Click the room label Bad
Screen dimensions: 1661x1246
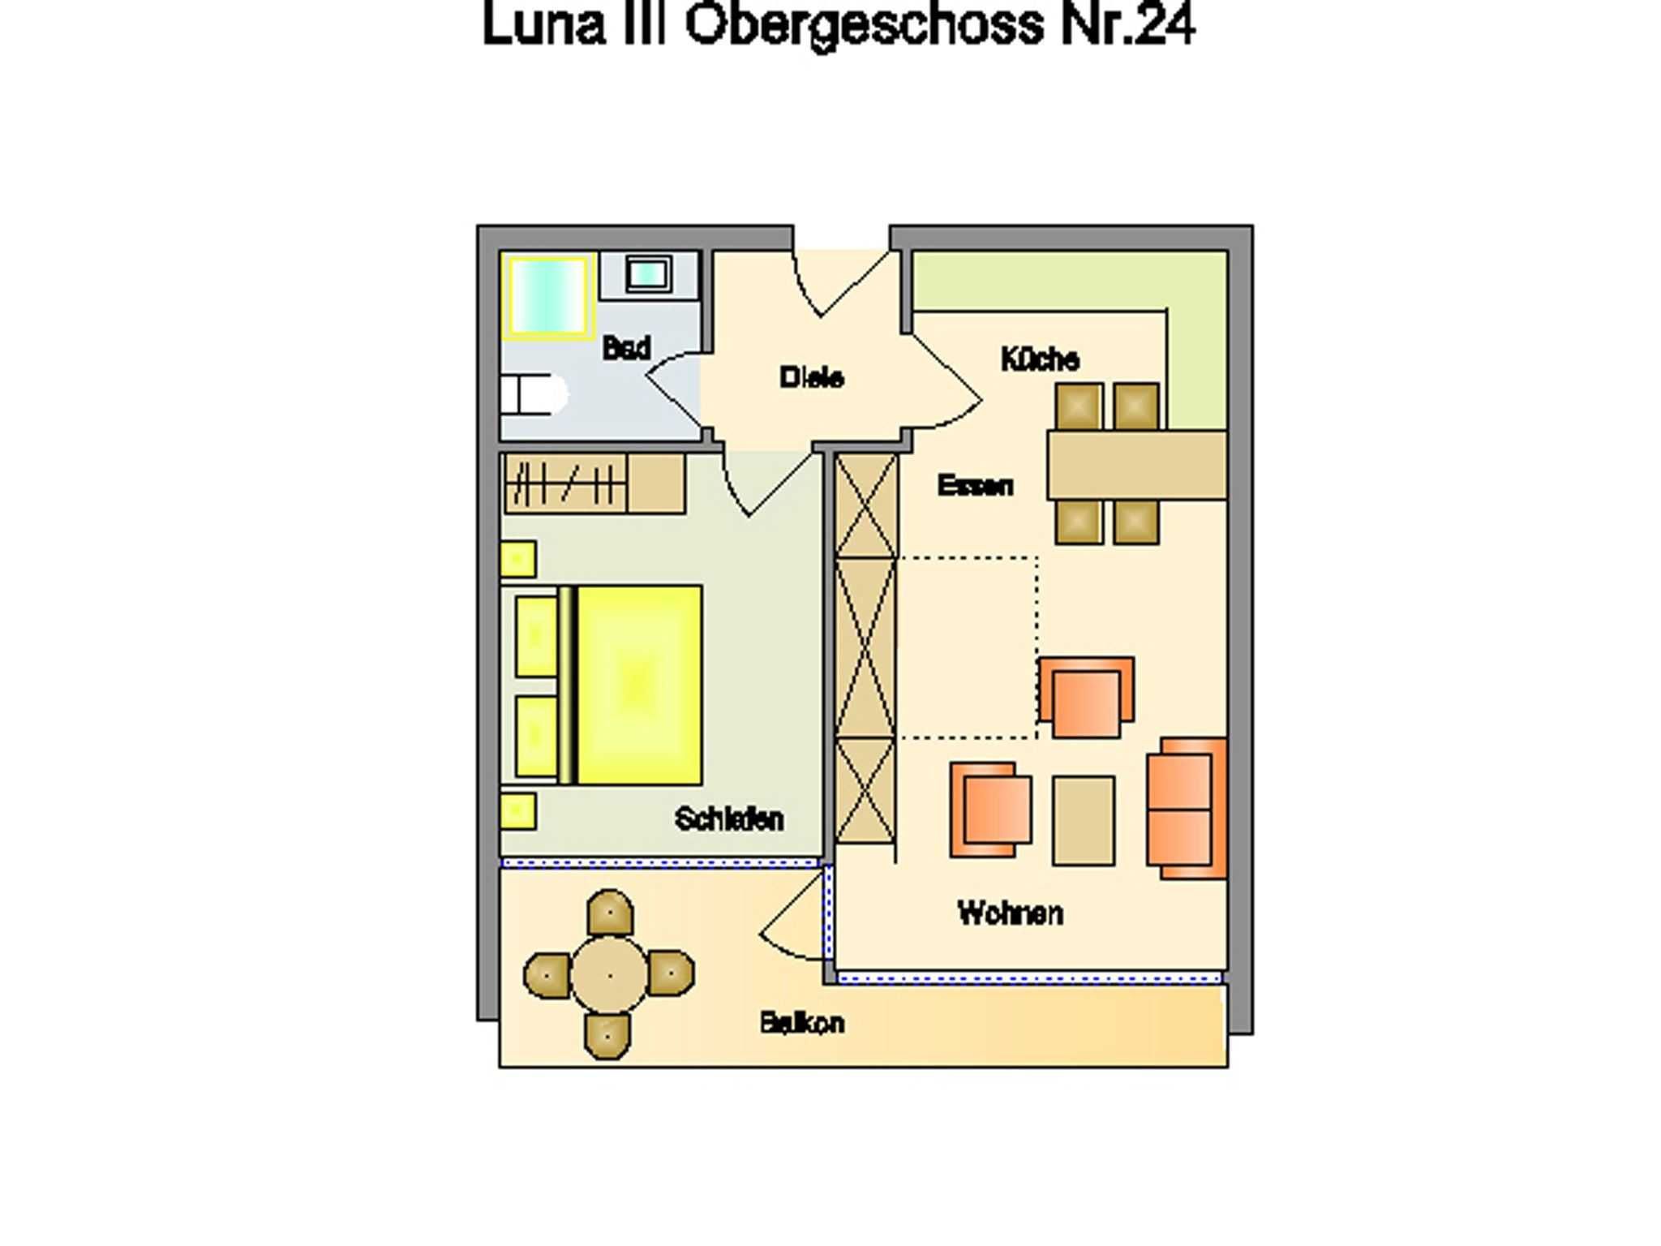[x=626, y=348]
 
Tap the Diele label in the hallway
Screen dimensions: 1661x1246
[x=811, y=377]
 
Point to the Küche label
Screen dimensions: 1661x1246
[x=1040, y=359]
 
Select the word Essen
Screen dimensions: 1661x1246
[x=975, y=485]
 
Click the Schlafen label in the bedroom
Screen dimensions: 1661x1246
[x=729, y=818]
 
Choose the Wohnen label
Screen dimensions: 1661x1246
[x=1010, y=913]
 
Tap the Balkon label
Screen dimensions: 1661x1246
[x=802, y=1023]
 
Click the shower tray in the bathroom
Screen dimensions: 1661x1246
[x=546, y=295]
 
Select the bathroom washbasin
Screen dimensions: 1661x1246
[x=648, y=274]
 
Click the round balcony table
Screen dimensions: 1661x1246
[x=609, y=975]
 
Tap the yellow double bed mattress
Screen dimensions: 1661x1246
[x=639, y=685]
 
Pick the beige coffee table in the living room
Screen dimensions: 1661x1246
[x=1084, y=821]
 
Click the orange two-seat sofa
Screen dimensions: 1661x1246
[x=1187, y=809]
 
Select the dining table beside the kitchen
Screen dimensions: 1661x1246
[x=1136, y=465]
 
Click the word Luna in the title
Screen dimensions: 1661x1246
[x=544, y=24]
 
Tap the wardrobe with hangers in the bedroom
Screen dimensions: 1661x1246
[x=594, y=483]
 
